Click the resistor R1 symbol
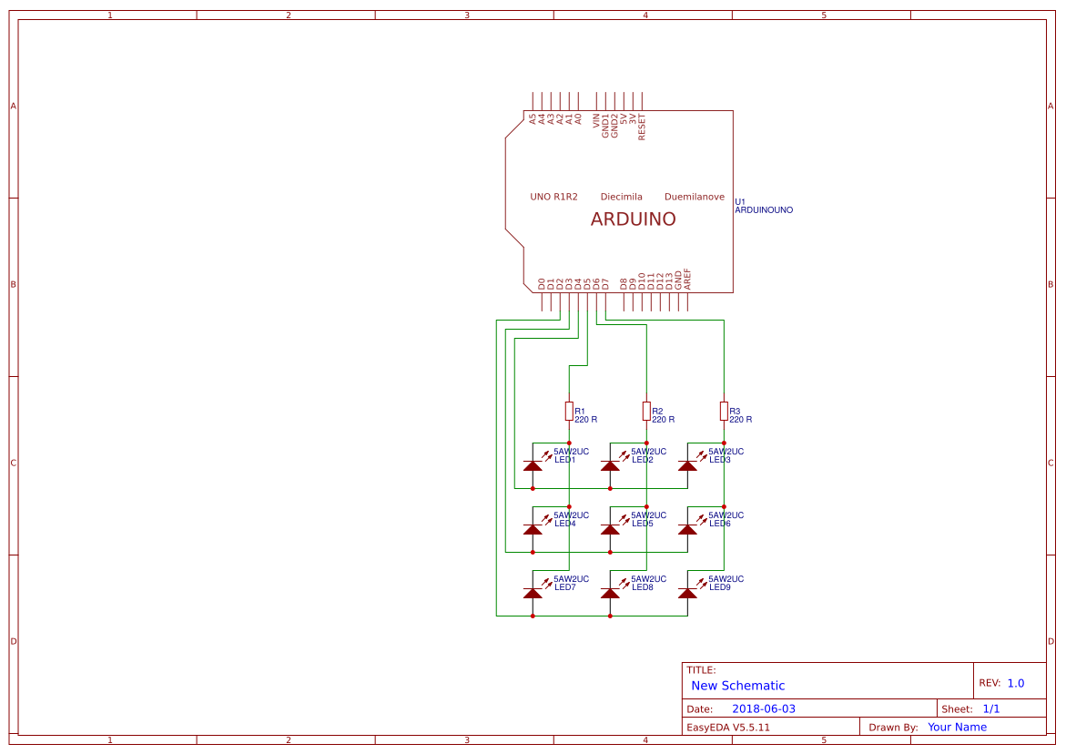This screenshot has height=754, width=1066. pos(569,412)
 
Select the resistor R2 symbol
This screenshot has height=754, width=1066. pos(646,412)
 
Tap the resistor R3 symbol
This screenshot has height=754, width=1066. pos(724,412)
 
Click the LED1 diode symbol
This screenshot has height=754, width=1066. pos(533,465)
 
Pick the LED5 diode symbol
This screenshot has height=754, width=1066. pos(611,529)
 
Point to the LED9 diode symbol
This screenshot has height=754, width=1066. pos(688,593)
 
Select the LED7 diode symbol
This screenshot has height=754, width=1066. pos(533,593)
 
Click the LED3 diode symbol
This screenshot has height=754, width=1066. pos(688,465)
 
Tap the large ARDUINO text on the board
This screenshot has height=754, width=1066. pos(633,219)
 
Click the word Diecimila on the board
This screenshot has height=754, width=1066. pos(621,197)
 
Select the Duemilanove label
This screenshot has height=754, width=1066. pos(694,197)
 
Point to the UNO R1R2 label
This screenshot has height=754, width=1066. pos(553,197)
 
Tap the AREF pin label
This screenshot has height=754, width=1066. pos(687,279)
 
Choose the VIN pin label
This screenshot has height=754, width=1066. pos(596,125)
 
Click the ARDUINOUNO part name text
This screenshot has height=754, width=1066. pos(763,210)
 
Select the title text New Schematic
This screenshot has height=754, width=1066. pos(737,686)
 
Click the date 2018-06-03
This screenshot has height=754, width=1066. pos(763,708)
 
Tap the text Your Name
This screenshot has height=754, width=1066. pos(957,727)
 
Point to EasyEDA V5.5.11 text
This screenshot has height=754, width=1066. pos(727,728)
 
